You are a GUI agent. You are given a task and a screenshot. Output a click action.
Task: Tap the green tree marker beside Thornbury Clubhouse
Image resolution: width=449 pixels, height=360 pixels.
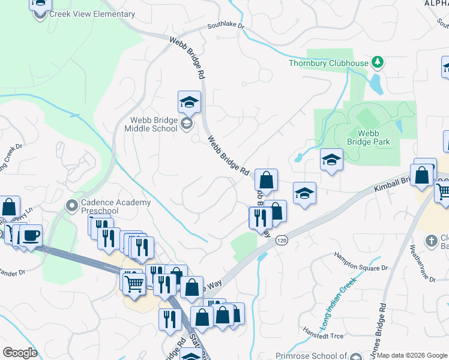(x=377, y=62)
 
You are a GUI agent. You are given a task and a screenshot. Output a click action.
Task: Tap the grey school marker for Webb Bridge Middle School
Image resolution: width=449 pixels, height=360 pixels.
(x=186, y=124)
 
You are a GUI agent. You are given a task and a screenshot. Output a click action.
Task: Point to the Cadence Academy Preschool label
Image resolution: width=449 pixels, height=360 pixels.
(x=116, y=206)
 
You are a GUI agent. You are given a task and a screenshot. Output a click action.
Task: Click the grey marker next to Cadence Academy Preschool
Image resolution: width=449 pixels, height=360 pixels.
(x=72, y=206)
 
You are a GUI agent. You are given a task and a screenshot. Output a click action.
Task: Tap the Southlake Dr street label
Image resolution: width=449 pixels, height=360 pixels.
(x=226, y=26)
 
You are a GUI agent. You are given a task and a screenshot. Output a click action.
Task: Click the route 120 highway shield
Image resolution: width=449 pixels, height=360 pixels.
(x=281, y=240)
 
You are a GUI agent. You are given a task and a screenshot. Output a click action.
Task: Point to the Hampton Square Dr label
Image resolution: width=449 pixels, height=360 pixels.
(x=361, y=263)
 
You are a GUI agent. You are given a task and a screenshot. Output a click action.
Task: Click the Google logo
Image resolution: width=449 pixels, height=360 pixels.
(x=20, y=353)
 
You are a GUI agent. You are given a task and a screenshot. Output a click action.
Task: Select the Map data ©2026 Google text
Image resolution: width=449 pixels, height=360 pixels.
(x=412, y=355)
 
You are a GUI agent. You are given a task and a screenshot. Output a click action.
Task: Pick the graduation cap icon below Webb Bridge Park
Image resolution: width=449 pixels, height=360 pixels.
(x=331, y=160)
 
